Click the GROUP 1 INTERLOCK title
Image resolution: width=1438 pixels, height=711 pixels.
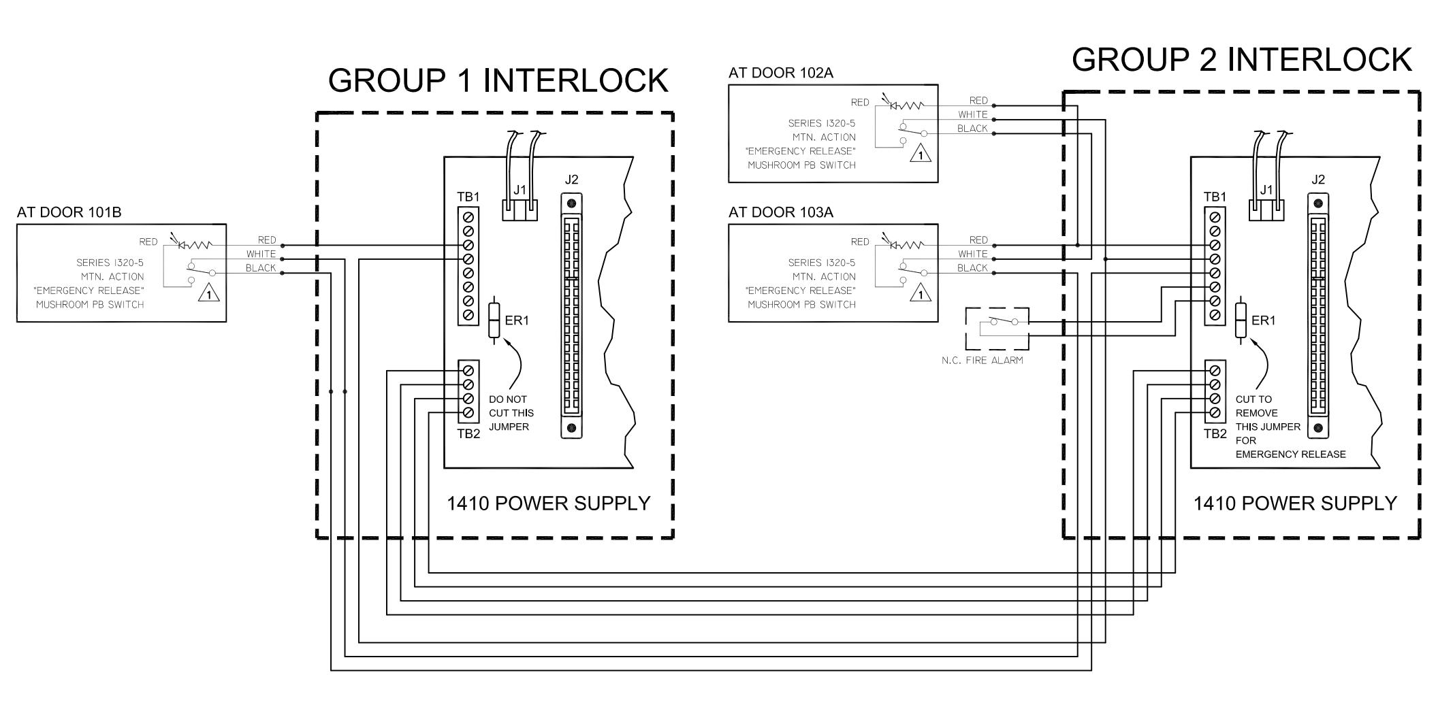498,80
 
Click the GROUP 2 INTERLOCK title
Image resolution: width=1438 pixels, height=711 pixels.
1242,59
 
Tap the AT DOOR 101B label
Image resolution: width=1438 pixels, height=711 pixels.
69,212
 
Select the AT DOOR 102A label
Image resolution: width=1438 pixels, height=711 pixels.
780,73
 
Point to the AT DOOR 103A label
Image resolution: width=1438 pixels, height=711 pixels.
780,212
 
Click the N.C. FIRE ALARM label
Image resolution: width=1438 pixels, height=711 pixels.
982,360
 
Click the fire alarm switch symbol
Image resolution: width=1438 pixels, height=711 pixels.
997,328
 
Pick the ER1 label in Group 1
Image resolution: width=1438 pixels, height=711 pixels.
517,320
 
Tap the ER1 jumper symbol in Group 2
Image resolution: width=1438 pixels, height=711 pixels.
1241,320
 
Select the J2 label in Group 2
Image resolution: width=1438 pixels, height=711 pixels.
1318,180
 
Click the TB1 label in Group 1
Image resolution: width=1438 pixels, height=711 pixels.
468,197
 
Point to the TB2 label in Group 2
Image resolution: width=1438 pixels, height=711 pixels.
1215,433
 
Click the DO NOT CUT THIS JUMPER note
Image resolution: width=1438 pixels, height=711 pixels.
511,413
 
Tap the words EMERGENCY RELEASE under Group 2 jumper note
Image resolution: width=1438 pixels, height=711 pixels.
1291,454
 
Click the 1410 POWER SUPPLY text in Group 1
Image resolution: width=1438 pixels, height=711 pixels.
549,503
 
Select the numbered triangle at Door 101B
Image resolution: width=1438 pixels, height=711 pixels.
209,295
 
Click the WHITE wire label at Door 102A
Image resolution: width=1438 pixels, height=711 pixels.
972,115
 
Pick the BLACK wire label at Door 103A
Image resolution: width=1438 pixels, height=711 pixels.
972,268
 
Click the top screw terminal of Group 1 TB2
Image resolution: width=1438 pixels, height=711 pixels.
468,371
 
